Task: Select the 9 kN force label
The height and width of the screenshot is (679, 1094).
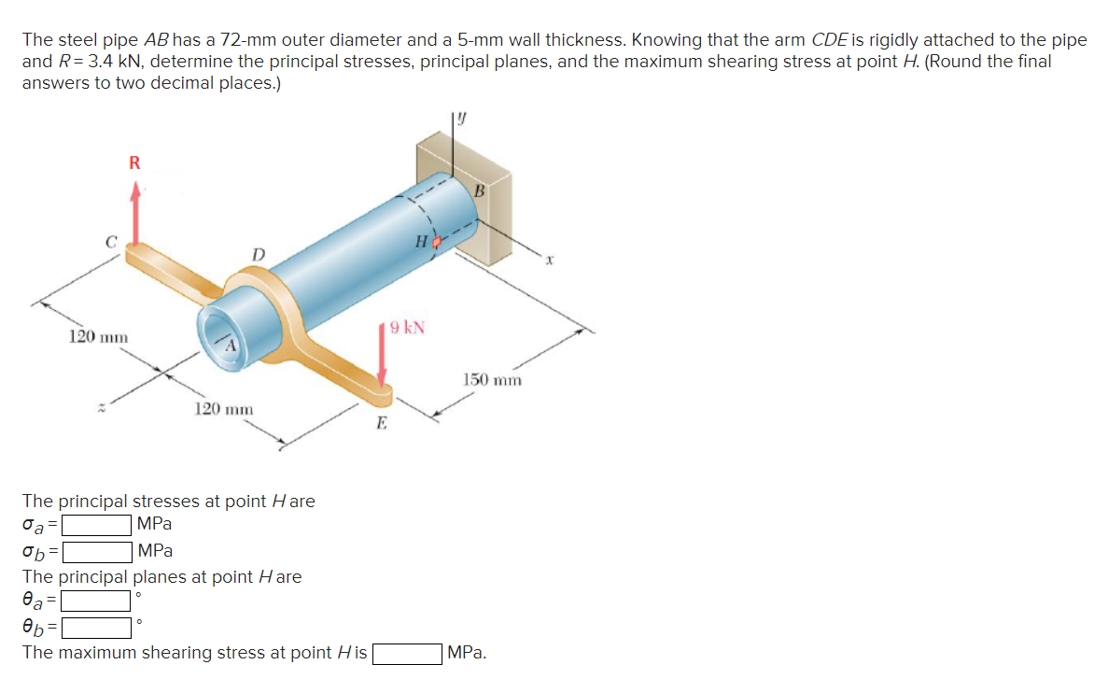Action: [408, 328]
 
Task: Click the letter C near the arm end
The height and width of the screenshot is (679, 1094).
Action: [110, 242]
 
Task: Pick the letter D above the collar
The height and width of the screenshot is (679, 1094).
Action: [259, 255]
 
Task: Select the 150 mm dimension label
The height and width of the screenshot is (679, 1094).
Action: [493, 380]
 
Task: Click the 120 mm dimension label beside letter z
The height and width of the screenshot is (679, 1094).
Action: [223, 409]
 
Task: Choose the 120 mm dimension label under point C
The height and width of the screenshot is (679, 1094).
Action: [99, 335]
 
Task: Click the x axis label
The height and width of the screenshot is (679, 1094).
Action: [552, 262]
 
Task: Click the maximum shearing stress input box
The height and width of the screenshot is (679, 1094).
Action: [408, 653]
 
